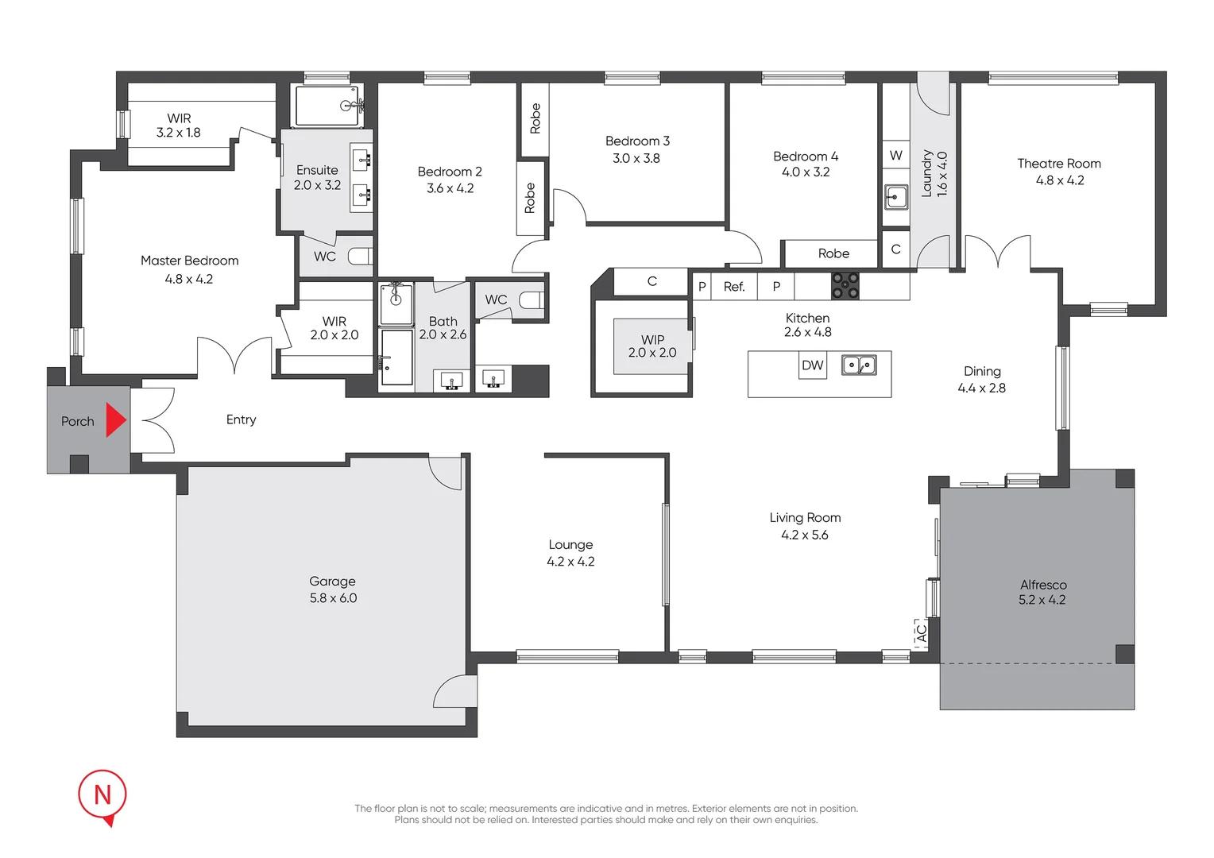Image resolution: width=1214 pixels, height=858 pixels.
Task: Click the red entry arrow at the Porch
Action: [x=116, y=421]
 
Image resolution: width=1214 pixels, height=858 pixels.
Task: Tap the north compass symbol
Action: [x=102, y=794]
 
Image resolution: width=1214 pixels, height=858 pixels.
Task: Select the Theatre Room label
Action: [x=1058, y=164]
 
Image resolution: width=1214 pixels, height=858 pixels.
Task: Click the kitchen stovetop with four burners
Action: [x=845, y=286]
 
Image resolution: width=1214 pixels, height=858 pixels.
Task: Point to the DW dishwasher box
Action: [x=812, y=365]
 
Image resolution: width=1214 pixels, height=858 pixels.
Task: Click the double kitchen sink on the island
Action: [x=859, y=365]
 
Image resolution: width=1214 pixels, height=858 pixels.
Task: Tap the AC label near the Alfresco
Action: [x=922, y=633]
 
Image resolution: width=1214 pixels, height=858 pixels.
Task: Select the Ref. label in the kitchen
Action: [x=734, y=287]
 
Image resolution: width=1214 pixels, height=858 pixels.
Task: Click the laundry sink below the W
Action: [x=896, y=196]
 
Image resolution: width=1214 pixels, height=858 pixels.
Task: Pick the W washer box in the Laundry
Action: [x=895, y=155]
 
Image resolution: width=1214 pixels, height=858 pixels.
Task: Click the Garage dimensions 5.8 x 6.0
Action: [x=333, y=598]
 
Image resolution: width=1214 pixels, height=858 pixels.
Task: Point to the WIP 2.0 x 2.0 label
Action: [x=652, y=346]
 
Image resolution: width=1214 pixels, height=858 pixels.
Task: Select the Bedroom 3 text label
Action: [x=637, y=141]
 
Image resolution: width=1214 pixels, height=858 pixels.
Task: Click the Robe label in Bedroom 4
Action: [x=833, y=253]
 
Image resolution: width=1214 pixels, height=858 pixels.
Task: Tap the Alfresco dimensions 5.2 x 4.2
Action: [x=1042, y=600]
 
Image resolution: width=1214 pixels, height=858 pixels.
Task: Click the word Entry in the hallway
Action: [x=241, y=419]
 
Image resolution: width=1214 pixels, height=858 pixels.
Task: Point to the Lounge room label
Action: [x=570, y=545]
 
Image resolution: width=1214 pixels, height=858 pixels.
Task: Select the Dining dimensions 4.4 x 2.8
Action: [x=981, y=388]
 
